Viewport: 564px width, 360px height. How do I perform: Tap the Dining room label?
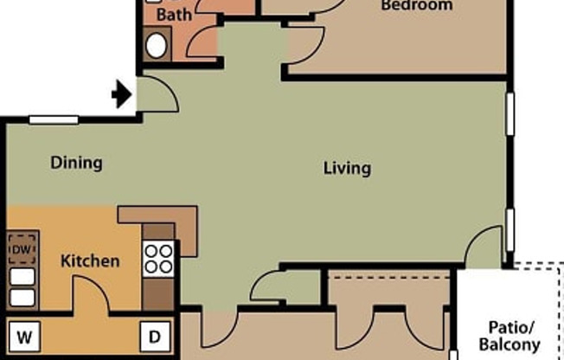tap(76, 163)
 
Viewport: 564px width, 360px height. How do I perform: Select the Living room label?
tap(347, 168)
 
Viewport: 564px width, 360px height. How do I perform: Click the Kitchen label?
tap(90, 260)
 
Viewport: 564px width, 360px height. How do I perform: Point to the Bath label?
tap(174, 15)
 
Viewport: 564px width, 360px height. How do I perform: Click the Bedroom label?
tap(417, 6)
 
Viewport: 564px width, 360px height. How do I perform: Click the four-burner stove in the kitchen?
tap(159, 257)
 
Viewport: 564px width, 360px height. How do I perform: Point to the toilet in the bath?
tap(157, 45)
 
